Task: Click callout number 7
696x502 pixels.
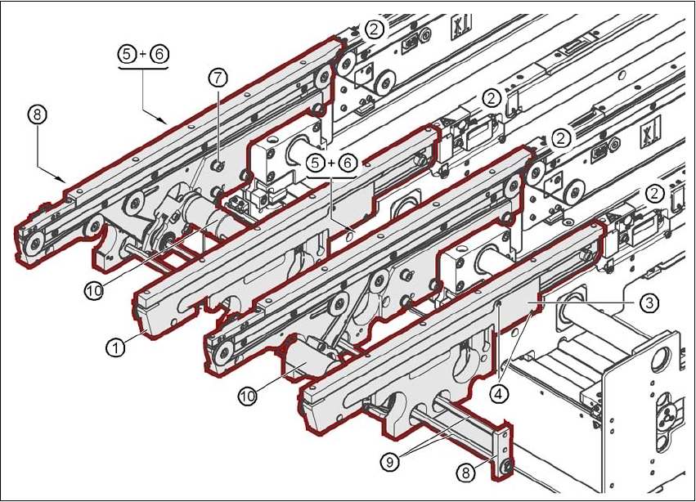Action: tap(217, 78)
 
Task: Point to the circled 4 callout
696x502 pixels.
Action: tap(499, 392)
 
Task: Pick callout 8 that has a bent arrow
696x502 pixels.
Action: tap(35, 114)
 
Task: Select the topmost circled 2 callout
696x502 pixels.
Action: tap(375, 29)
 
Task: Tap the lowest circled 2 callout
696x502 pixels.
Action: tap(654, 193)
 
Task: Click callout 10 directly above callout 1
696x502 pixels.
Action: tap(94, 289)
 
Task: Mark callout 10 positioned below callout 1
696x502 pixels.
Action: tap(248, 396)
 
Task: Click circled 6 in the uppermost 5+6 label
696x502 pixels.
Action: tap(157, 54)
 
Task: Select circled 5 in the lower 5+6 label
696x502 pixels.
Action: tap(315, 164)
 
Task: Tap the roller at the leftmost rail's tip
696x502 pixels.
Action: tap(33, 243)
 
